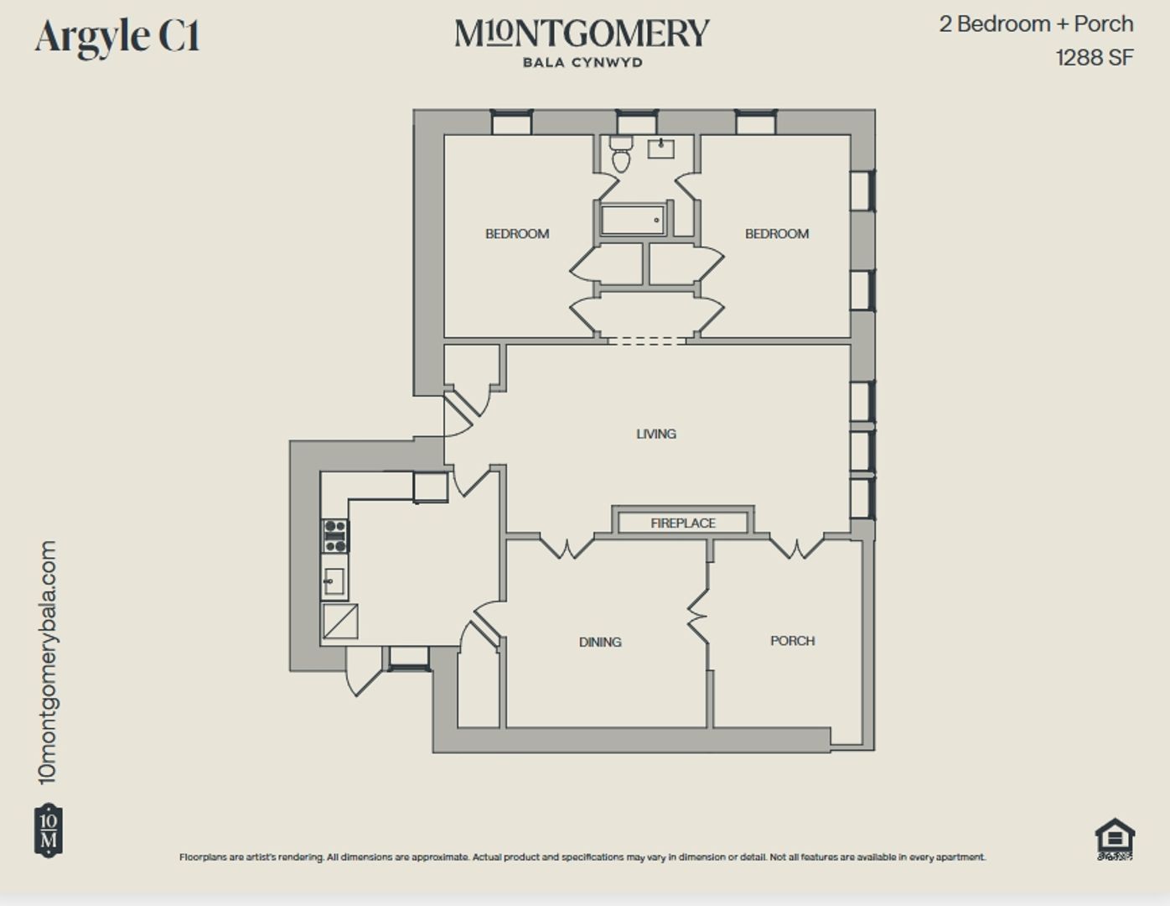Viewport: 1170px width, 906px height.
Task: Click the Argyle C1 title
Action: (x=117, y=37)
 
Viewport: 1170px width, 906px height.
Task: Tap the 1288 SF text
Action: (x=1094, y=58)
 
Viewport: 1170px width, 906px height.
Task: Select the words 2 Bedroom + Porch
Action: (x=1036, y=24)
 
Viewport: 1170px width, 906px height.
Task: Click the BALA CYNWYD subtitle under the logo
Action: (x=582, y=63)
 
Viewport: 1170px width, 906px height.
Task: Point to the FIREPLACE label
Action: (x=682, y=523)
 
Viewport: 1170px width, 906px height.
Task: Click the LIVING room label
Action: (x=655, y=434)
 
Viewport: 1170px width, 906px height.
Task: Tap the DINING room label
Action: (x=600, y=642)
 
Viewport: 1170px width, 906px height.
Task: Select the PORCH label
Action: (x=792, y=641)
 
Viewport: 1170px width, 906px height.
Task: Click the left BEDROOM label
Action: (x=517, y=234)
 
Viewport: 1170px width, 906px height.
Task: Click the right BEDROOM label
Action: (x=777, y=234)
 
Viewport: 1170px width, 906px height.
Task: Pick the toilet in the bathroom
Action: (x=621, y=154)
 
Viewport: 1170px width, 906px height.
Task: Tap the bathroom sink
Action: (x=661, y=149)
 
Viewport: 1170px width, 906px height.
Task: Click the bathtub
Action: (x=634, y=221)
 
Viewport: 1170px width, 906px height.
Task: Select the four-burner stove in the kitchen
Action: (x=335, y=536)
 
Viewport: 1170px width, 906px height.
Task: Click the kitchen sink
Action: (x=334, y=581)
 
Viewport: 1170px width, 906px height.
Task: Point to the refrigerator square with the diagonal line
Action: (x=340, y=622)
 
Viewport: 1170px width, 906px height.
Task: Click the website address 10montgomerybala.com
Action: (x=49, y=662)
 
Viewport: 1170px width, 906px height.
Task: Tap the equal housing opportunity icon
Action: (x=1115, y=839)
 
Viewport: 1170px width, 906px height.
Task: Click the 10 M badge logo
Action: (x=49, y=830)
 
